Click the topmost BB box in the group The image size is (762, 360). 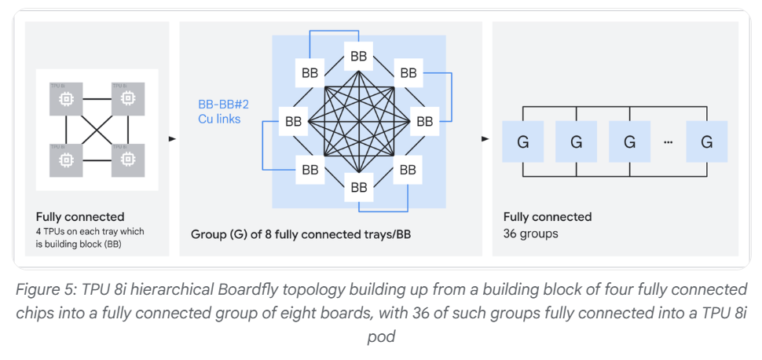(x=359, y=56)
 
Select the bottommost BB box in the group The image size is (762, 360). (x=359, y=187)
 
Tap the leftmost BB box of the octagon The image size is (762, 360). (x=293, y=122)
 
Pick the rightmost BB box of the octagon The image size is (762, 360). (x=425, y=122)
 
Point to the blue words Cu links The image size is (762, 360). (x=219, y=119)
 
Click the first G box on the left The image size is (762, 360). (x=522, y=142)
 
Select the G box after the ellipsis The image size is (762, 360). (x=706, y=142)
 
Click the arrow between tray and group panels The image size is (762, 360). (x=172, y=140)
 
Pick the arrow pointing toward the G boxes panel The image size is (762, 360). (x=485, y=140)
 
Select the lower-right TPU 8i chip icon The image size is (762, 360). (x=127, y=160)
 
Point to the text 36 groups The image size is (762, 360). (x=530, y=233)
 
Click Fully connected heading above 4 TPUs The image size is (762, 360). (x=80, y=216)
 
